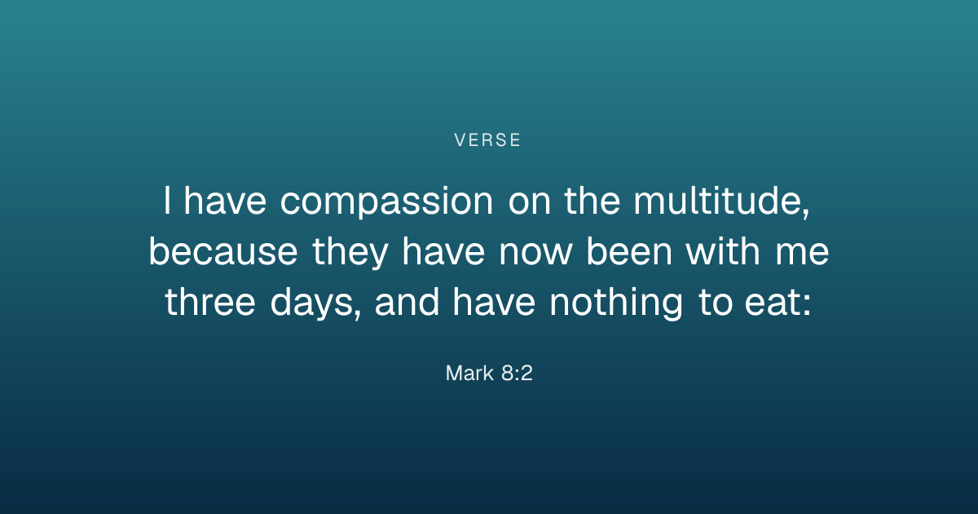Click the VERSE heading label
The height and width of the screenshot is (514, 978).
tap(487, 140)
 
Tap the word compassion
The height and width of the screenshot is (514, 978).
tap(386, 202)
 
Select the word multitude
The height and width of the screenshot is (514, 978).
tap(717, 201)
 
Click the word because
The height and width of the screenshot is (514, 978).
tap(223, 251)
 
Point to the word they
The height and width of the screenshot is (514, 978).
tap(350, 253)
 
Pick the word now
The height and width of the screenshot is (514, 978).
tap(535, 253)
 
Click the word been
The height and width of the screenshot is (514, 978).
tap(629, 251)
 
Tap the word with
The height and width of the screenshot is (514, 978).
tap(723, 251)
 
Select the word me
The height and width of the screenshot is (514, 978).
tap(802, 253)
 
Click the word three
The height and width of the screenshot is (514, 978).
tap(210, 302)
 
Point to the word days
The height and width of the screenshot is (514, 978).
tap(313, 304)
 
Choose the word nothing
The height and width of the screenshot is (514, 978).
tap(615, 304)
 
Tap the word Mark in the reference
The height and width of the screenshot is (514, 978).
tap(469, 374)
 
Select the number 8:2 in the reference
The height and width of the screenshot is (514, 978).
tap(517, 374)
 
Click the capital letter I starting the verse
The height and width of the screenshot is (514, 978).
tap(167, 201)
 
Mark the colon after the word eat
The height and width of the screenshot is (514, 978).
tap(807, 304)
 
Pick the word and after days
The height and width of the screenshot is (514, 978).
tap(407, 302)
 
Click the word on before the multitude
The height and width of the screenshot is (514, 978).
tap(530, 203)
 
